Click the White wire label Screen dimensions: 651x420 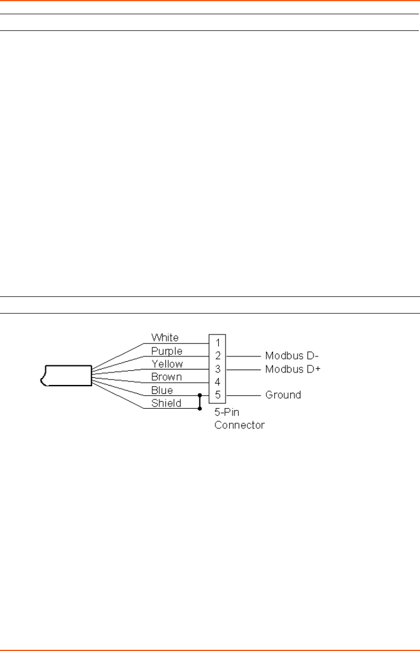click(165, 338)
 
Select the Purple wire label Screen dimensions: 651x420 click(167, 351)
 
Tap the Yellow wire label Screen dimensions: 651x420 click(167, 364)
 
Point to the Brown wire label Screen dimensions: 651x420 click(166, 377)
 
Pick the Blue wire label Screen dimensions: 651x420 click(162, 390)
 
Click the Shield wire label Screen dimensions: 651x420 click(165, 403)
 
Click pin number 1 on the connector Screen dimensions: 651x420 click(218, 343)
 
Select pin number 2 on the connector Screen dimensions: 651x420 click(218, 356)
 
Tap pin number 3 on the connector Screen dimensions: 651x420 click(218, 369)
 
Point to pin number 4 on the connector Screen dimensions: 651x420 click(218, 382)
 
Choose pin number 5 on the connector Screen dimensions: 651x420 click(218, 395)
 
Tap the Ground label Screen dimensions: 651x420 click(283, 395)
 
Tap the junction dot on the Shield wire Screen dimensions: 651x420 click(199, 408)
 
